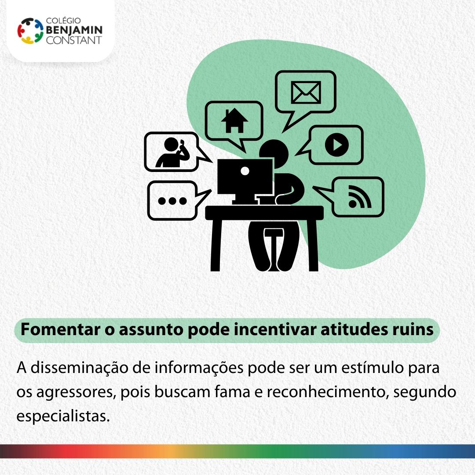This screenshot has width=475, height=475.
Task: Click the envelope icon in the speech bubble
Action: [x=306, y=92]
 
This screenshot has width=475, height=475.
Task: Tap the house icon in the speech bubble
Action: [x=234, y=121]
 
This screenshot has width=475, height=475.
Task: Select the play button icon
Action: [x=336, y=145]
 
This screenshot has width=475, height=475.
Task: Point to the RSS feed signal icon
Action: [x=360, y=197]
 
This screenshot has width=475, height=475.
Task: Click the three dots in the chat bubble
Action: [x=172, y=201]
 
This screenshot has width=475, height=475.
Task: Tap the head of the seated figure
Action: [x=274, y=153]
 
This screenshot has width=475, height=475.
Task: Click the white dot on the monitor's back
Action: [x=245, y=171]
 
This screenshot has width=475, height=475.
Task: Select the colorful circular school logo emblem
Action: [x=30, y=31]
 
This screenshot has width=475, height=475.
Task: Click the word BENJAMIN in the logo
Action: [x=74, y=30]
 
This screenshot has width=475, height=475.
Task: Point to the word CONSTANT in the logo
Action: [x=73, y=40]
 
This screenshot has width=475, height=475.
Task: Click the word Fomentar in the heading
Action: [x=60, y=329]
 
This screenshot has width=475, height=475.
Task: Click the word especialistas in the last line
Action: [x=63, y=417]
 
